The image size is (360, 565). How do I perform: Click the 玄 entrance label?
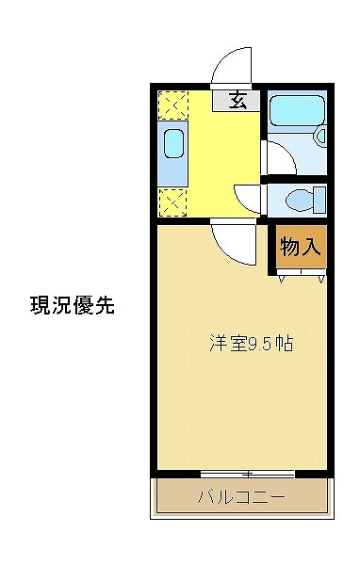(x=238, y=100)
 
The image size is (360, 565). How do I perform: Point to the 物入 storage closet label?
(x=301, y=247)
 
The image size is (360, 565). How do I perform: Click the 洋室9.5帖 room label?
(x=251, y=344)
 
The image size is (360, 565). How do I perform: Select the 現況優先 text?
(x=73, y=305)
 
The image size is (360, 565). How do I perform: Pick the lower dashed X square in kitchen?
(x=173, y=201)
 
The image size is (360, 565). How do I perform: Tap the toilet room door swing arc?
(x=248, y=196)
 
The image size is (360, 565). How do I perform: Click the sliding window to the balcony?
(x=247, y=473)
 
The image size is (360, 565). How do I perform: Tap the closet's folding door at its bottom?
(x=302, y=274)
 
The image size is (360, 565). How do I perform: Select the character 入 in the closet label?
(x=313, y=247)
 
